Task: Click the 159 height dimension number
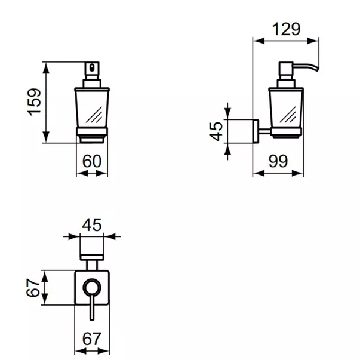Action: point(36,102)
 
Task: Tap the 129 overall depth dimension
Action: point(286,28)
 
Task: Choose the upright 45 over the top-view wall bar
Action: point(91,224)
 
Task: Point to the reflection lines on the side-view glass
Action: point(290,114)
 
